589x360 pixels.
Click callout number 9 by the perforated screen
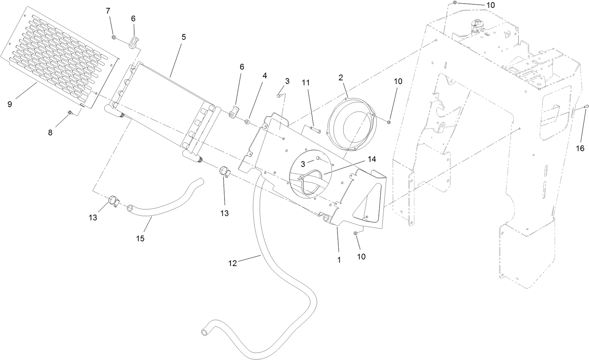click(10, 104)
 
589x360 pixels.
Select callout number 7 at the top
click(108, 11)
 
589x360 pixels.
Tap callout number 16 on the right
click(580, 148)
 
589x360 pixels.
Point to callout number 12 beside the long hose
click(232, 264)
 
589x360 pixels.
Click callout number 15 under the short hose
click(140, 238)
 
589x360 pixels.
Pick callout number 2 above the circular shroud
click(341, 77)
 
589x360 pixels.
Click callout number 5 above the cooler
click(184, 37)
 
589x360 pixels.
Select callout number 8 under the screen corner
click(50, 133)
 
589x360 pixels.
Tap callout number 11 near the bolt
click(306, 83)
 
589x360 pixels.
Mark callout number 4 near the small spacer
click(265, 76)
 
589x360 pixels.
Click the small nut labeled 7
click(114, 37)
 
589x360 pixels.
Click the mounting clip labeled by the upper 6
click(134, 42)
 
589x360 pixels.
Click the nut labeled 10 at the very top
click(454, 3)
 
